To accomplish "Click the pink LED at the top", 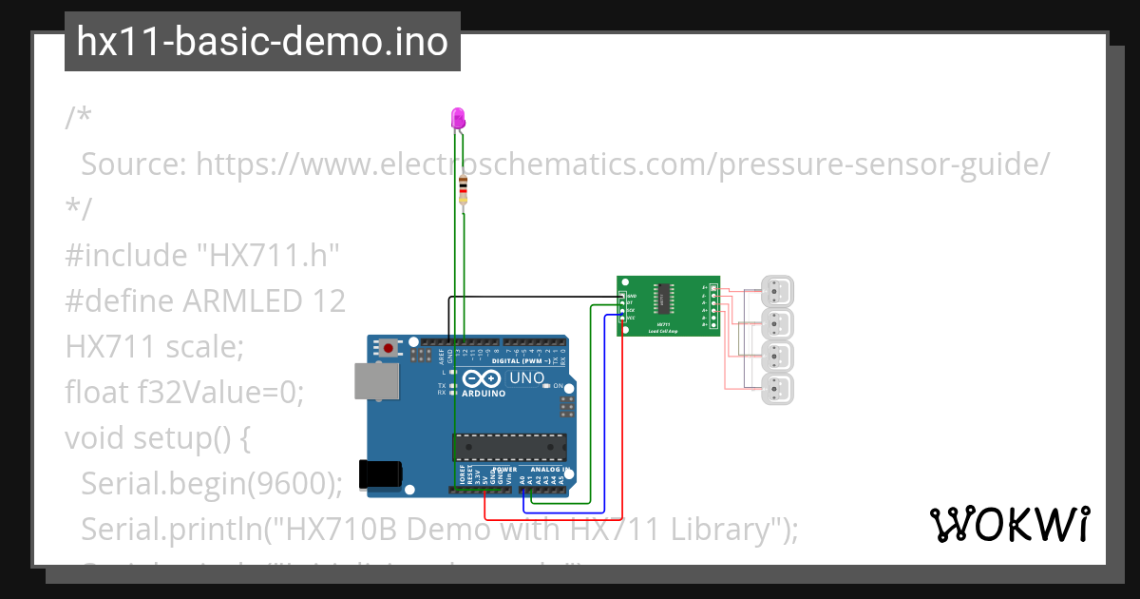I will click(458, 119).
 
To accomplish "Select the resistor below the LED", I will click(463, 189).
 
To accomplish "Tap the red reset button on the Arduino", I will click(389, 348).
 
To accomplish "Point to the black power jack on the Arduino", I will click(380, 473).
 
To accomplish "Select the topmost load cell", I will click(778, 291).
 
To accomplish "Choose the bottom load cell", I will click(778, 388).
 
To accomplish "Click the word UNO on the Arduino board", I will click(527, 377).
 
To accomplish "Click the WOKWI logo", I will click(1009, 525).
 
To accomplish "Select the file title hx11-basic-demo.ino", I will click(262, 42).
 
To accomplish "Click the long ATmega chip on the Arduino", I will click(509, 447).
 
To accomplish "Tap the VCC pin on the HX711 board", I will click(622, 318).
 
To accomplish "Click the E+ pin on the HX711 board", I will click(713, 287).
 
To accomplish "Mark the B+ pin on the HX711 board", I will click(713, 324).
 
